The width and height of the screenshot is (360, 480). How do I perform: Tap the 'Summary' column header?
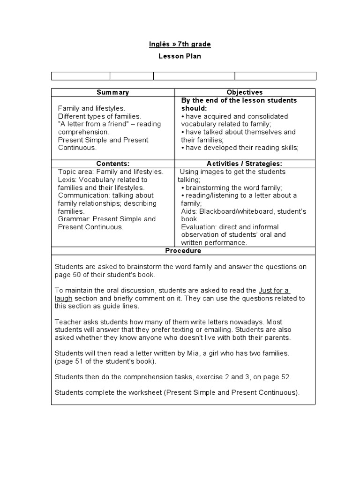112,92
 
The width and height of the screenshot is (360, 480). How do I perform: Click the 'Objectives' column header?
245,92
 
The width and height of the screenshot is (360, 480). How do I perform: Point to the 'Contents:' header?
112,164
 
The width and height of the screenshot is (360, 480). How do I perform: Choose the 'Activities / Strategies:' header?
245,164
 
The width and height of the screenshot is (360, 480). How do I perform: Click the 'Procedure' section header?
183,251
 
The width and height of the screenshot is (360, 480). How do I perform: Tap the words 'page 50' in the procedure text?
66,275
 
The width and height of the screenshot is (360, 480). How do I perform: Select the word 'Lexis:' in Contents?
67,180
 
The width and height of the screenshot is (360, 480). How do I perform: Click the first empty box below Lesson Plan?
81,76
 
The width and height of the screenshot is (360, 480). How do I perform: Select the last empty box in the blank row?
275,76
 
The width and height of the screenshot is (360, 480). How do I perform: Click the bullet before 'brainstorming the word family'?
183,187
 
